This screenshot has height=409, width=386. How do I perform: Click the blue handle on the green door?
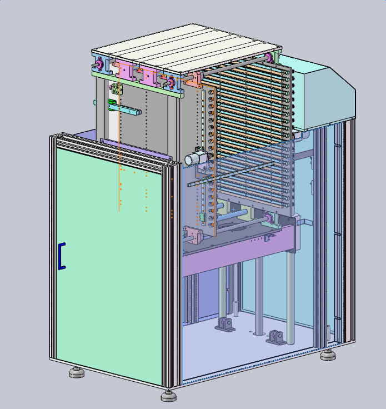[x=62, y=256]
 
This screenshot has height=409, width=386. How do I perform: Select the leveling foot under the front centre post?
[x=168, y=396]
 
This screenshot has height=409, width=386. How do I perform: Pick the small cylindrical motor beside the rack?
[x=195, y=158]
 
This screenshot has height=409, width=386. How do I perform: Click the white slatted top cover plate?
[x=183, y=48]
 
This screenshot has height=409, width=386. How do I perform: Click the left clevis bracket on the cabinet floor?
[x=225, y=324]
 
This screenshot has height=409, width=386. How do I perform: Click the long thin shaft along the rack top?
[x=233, y=67]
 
